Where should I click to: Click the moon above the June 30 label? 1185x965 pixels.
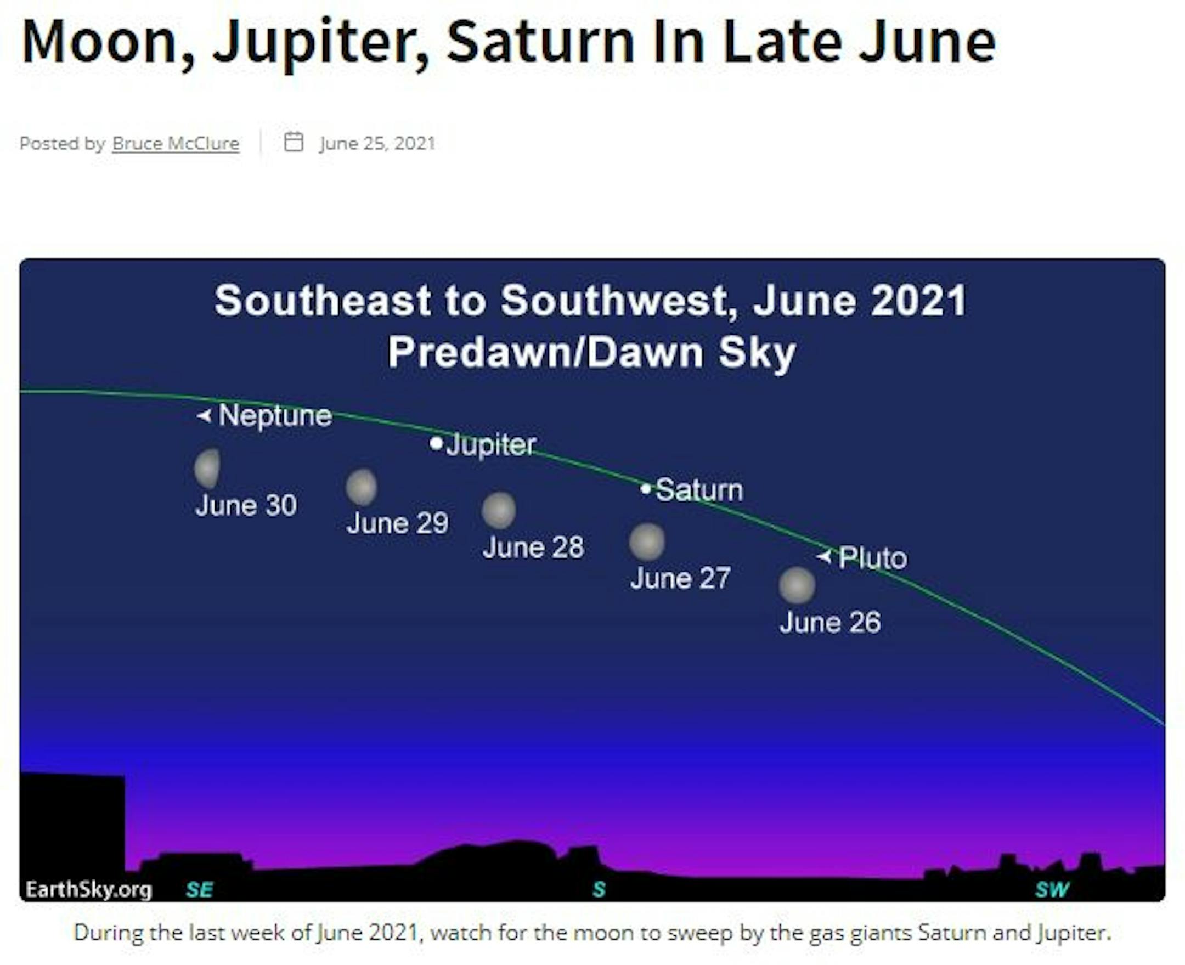[207, 468]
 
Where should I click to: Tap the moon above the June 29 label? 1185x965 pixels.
[362, 487]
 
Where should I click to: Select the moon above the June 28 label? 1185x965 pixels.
[499, 510]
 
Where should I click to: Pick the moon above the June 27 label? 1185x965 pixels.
[646, 541]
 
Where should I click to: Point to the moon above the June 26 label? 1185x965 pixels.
[797, 585]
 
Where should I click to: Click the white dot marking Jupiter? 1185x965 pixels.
[436, 443]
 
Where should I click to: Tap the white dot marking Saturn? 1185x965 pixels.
[645, 489]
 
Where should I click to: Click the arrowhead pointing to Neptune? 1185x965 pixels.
[204, 415]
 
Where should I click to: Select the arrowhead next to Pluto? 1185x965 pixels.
[823, 556]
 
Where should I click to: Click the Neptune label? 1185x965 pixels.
[275, 416]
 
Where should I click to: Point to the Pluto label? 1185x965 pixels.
[873, 557]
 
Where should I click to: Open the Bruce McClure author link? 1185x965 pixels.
[176, 143]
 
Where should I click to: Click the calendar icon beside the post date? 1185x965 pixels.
[294, 142]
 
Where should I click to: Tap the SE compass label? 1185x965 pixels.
[200, 889]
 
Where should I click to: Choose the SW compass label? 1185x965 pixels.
[1052, 889]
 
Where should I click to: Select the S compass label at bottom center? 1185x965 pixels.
[599, 889]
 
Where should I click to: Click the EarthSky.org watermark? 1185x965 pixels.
[89, 889]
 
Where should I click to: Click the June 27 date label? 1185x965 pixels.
[680, 578]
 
